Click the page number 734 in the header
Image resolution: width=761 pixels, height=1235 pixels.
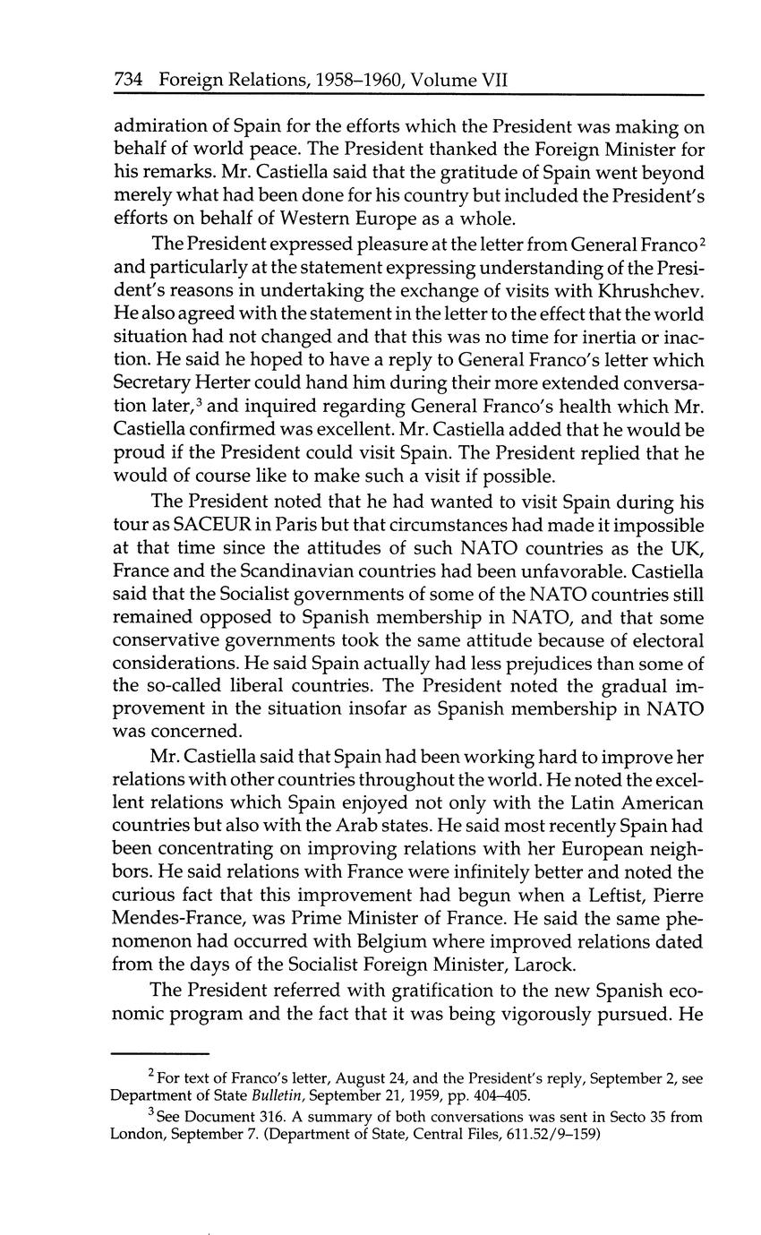click(130, 79)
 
